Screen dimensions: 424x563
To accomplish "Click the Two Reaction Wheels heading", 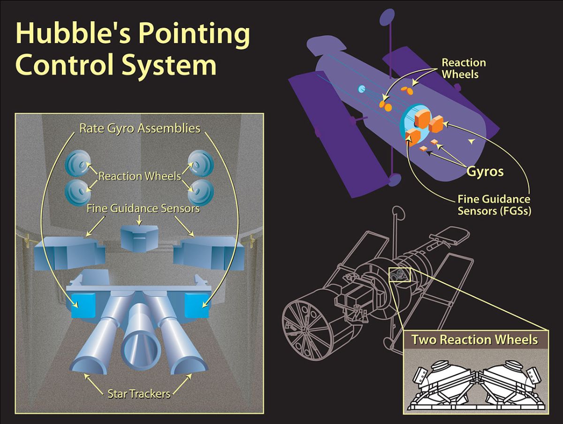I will pos(474,340).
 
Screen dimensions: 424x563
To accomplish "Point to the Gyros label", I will pos(485,171).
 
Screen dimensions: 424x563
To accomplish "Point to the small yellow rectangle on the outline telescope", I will pos(400,274).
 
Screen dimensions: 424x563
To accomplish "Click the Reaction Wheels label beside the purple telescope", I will pos(464,68).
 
